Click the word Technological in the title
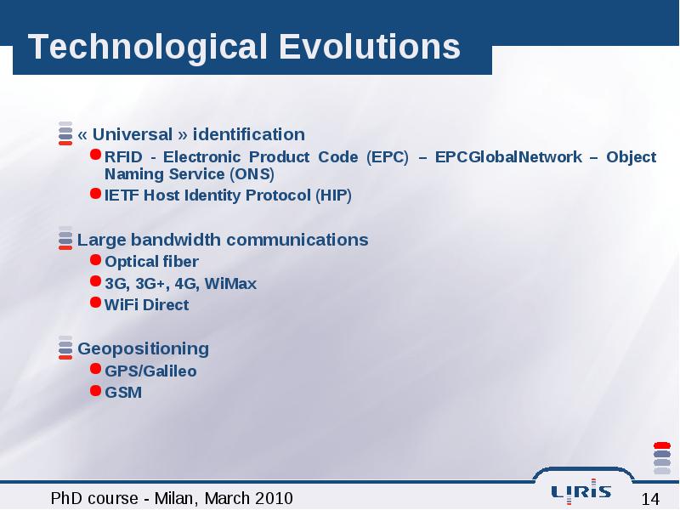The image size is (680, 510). [x=147, y=48]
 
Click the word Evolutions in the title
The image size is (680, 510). [x=370, y=46]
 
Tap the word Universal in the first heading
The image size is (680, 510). [x=133, y=134]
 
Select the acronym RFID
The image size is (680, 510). [x=123, y=156]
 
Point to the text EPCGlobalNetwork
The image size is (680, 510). [x=508, y=156]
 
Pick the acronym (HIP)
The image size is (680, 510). [x=333, y=195]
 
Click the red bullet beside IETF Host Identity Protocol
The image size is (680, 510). [x=95, y=193]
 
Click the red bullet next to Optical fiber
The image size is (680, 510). [x=95, y=259]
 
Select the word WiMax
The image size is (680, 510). [x=230, y=284]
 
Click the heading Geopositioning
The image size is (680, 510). [x=143, y=349]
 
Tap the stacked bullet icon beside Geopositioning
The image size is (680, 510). [x=65, y=348]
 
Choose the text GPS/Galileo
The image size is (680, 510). [x=150, y=371]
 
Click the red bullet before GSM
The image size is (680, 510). [x=95, y=390]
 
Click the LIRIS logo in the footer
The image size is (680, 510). [x=581, y=491]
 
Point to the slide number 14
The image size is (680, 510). [x=650, y=499]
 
